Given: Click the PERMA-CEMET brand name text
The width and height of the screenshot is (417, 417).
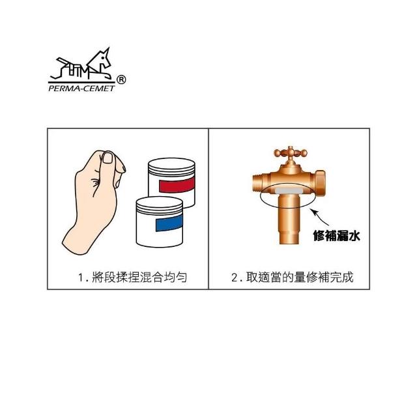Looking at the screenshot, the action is click(x=81, y=89).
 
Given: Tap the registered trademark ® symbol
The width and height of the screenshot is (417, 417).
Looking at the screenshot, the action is click(x=121, y=79).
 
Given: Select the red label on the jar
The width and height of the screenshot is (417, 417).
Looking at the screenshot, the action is click(x=177, y=184).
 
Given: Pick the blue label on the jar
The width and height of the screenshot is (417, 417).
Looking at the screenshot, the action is click(x=169, y=223).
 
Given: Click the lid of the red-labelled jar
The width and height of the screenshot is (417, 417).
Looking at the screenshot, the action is click(x=171, y=166).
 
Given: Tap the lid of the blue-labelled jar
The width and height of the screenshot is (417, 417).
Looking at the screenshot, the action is click(x=159, y=205).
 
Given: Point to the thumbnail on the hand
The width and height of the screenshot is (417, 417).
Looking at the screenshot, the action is click(x=108, y=157).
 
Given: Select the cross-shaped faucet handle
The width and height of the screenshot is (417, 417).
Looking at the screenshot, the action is click(x=291, y=153).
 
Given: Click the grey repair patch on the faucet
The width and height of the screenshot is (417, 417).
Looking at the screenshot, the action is click(x=289, y=191).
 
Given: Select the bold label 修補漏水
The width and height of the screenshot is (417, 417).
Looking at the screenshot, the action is click(x=336, y=236).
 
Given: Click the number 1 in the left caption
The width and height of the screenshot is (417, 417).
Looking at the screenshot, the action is click(x=81, y=278).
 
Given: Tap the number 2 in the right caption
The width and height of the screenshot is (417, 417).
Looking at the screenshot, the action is click(x=235, y=278).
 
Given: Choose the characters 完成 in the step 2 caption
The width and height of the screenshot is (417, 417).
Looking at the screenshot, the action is click(x=341, y=277).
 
